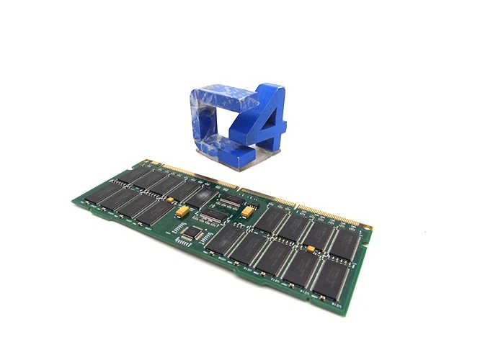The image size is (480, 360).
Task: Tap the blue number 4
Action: pos(265,122)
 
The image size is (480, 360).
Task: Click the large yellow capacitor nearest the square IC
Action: pos(183,211)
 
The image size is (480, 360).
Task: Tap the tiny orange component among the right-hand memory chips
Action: pos(311,249)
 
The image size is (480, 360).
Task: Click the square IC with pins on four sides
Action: pos(189,233)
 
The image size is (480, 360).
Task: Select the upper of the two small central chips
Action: pos(230,202)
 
